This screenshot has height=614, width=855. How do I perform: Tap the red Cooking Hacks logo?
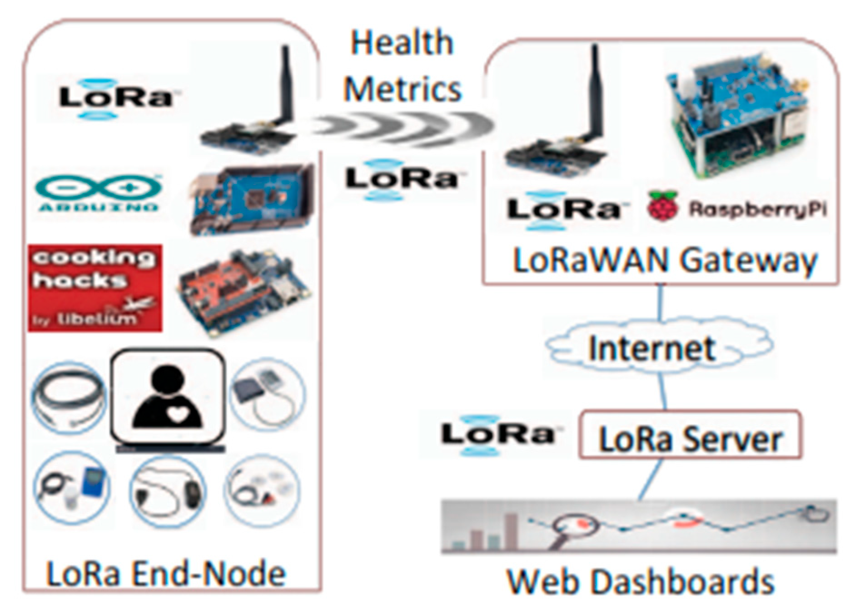pyautogui.click(x=95, y=288)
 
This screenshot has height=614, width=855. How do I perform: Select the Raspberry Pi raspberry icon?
pyautogui.click(x=662, y=207)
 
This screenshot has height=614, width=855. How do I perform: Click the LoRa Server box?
pyautogui.click(x=689, y=435)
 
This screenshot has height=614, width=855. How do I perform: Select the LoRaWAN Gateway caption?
pyautogui.click(x=665, y=261)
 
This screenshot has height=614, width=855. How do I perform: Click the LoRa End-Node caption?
pyautogui.click(x=166, y=574)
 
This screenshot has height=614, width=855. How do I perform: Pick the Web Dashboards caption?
pyautogui.click(x=640, y=582)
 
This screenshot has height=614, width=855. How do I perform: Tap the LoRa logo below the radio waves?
pyautogui.click(x=401, y=179)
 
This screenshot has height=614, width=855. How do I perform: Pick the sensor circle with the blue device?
pyautogui.click(x=73, y=489)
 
